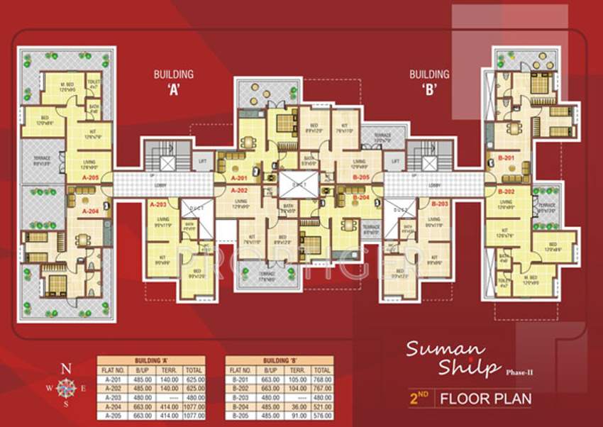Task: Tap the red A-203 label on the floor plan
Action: pos(157,204)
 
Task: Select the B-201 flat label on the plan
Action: pos(506,157)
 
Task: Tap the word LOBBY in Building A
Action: pos(160,186)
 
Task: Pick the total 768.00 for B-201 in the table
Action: pos(321,379)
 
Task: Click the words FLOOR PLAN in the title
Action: pos(485,398)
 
